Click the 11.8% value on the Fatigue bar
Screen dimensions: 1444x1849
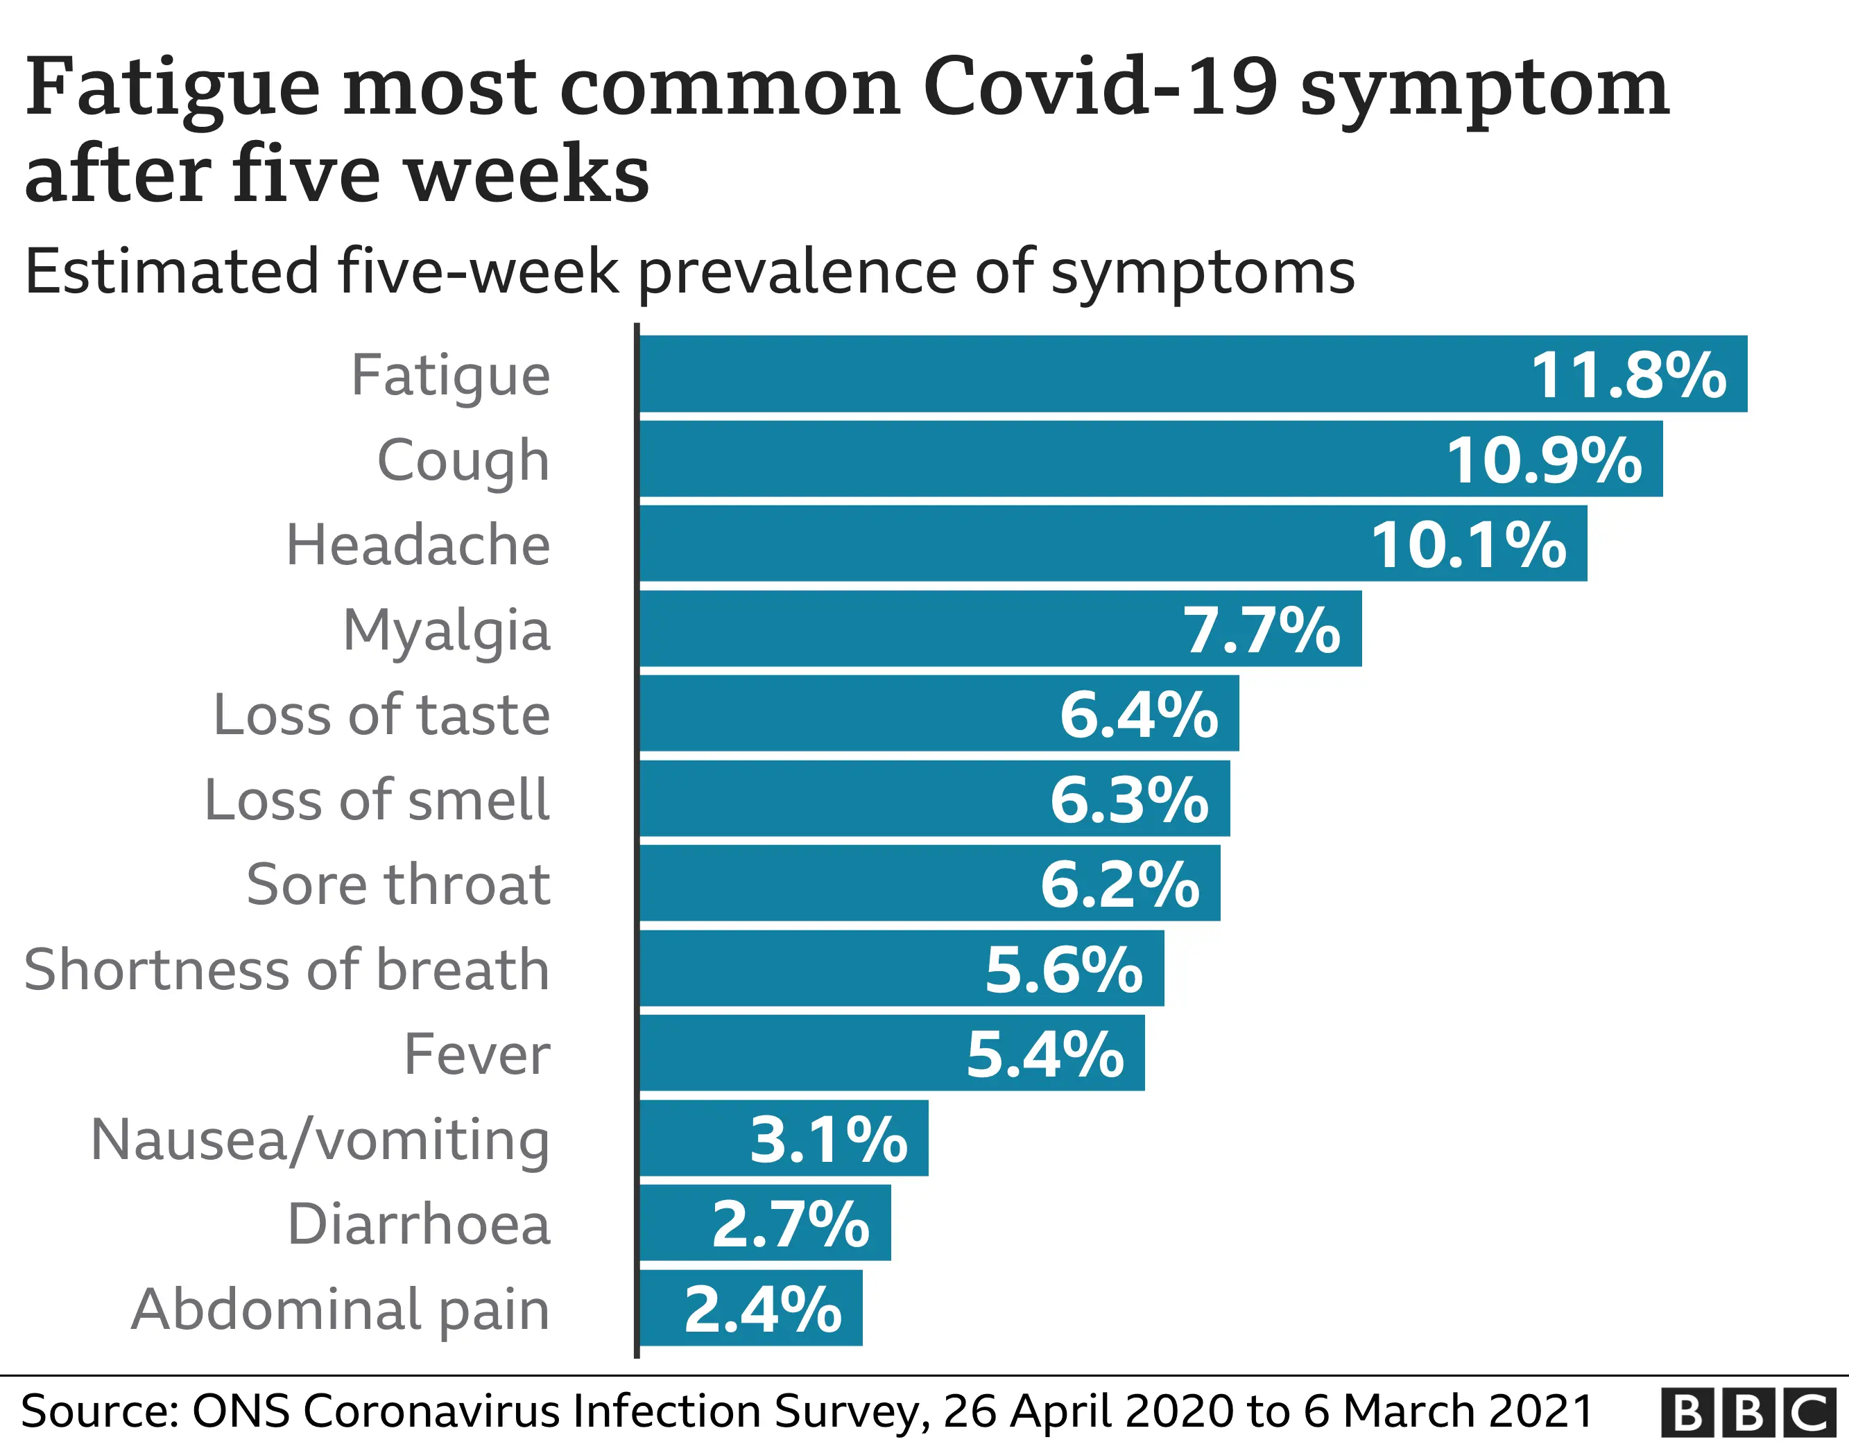pyautogui.click(x=1628, y=375)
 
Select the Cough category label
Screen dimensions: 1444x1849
pyautogui.click(x=463, y=461)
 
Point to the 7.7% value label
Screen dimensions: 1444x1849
pyautogui.click(x=1262, y=631)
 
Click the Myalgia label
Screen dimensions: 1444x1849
pyautogui.click(x=446, y=632)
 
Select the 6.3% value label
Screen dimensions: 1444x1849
pyautogui.click(x=1129, y=799)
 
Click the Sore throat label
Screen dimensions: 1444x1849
pyautogui.click(x=398, y=885)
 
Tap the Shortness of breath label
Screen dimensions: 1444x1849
pyautogui.click(x=287, y=969)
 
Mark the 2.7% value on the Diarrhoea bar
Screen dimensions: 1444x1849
pyautogui.click(x=790, y=1224)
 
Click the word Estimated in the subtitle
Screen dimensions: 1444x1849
pyautogui.click(x=170, y=272)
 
